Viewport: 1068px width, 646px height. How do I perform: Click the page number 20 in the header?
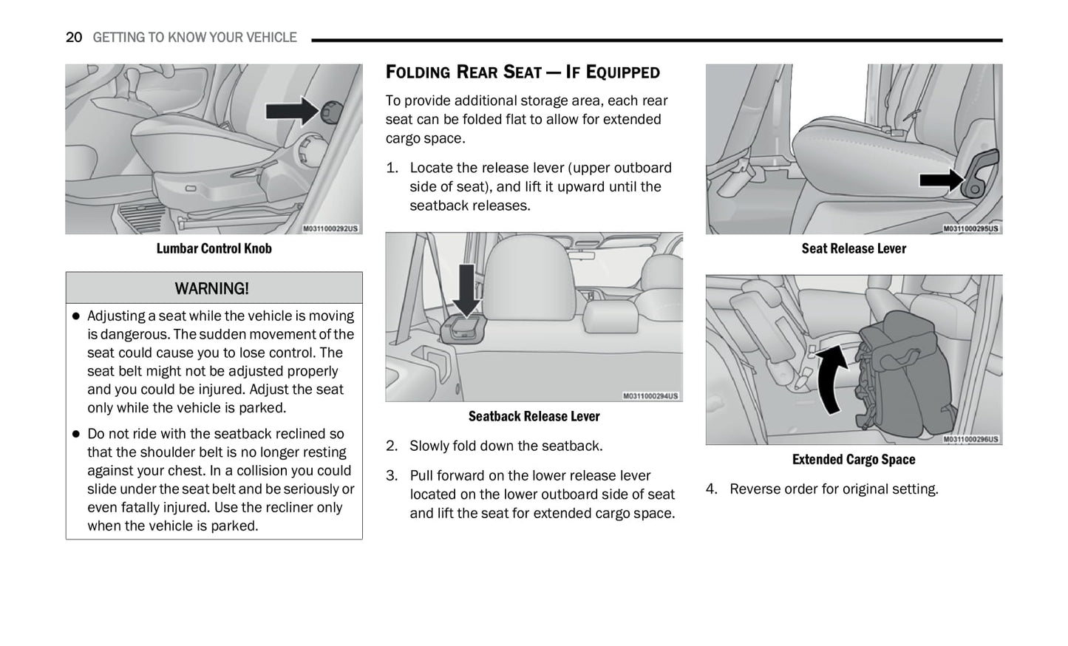pos(73,38)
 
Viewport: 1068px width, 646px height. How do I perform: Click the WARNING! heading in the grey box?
pos(212,288)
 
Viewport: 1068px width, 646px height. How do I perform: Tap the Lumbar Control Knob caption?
pos(214,249)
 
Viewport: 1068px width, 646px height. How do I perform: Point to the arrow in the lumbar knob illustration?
pos(291,111)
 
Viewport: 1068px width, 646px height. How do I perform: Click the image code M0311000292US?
pos(330,229)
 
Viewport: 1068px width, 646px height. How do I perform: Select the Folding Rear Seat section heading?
pos(523,72)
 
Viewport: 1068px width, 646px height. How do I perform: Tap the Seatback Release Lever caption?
pos(534,417)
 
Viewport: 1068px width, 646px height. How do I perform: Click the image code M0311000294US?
pos(650,396)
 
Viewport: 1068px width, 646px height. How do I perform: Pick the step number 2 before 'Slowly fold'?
pos(392,446)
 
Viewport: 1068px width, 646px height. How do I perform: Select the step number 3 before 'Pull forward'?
pos(392,476)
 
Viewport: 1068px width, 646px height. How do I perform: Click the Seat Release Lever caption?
pos(854,249)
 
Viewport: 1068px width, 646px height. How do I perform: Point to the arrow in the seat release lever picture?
pos(941,180)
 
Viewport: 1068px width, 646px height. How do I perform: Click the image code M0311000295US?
pos(970,229)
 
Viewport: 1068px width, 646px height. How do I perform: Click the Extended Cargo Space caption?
pos(854,460)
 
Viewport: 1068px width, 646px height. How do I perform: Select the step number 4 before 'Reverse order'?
pos(711,489)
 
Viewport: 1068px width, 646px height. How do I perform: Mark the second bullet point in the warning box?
pos(75,435)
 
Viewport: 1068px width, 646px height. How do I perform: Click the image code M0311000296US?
pos(970,439)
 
